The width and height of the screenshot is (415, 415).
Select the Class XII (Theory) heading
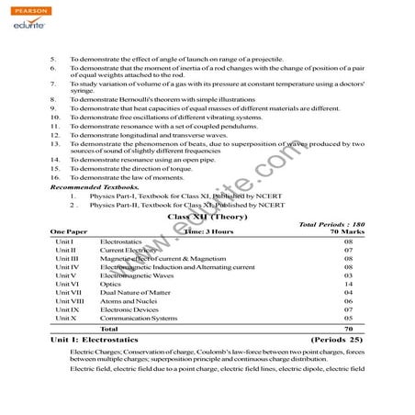coord(207,217)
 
